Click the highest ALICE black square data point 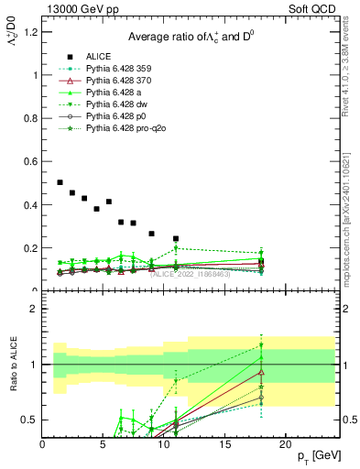tap(60, 182)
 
